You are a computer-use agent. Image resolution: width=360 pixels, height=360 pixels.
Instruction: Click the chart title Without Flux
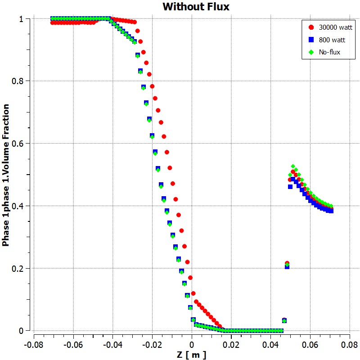click(196, 7)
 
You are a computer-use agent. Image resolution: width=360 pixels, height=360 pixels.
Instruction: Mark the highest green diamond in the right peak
click(293, 166)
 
